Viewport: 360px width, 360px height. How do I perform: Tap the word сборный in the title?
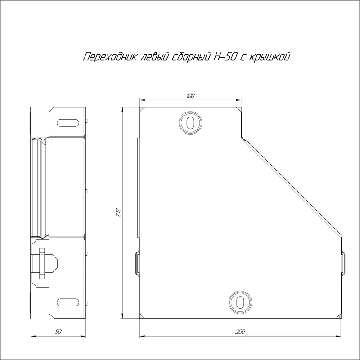(191, 57)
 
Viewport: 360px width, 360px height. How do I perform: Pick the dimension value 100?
(190, 96)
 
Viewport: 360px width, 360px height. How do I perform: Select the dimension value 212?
(118, 212)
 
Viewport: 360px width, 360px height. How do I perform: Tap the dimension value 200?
(240, 332)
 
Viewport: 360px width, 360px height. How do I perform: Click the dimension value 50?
(58, 332)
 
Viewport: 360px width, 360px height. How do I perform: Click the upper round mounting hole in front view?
(190, 123)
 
